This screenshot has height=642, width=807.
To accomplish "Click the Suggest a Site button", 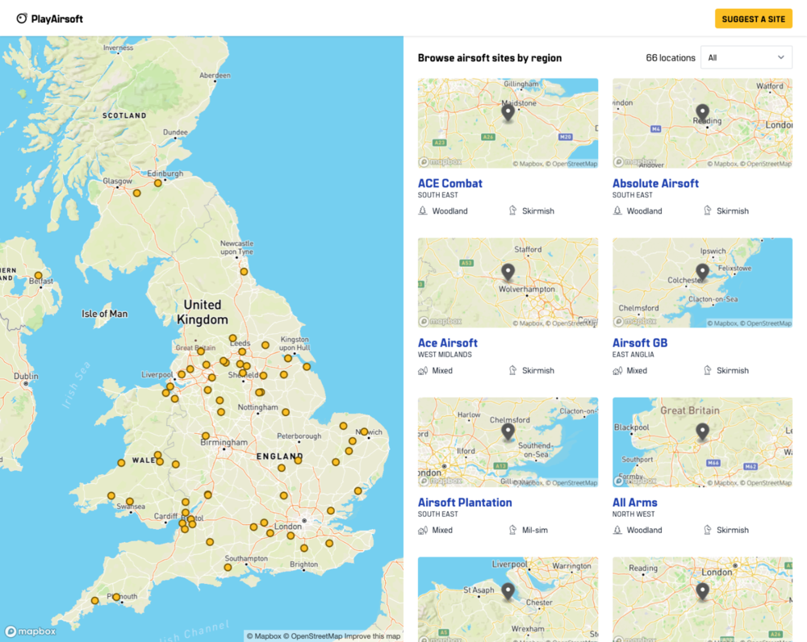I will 753,19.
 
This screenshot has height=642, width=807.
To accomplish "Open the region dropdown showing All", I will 746,57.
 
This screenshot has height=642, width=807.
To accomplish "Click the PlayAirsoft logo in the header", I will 50,19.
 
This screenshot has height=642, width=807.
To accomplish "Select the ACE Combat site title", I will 449,183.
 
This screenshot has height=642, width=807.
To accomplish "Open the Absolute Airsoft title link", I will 655,183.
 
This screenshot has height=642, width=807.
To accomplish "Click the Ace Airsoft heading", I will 447,343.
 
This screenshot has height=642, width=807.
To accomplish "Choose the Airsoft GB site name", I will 639,343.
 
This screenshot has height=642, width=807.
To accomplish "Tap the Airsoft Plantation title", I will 464,502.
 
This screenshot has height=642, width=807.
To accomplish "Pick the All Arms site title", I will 634,502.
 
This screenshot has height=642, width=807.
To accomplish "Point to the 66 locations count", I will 670,58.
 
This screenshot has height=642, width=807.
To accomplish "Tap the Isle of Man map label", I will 105,314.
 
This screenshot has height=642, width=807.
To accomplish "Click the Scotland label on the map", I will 124,115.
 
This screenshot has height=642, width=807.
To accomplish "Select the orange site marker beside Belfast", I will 38,276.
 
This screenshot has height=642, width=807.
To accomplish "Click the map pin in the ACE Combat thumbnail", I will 508,112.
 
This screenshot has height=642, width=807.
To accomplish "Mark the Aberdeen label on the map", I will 215,75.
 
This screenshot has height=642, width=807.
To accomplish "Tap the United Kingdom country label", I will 202,311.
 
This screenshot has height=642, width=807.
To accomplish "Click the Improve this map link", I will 372,636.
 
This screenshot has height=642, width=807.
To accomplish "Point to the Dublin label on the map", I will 26,376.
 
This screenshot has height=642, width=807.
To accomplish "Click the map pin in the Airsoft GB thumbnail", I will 702,272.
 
